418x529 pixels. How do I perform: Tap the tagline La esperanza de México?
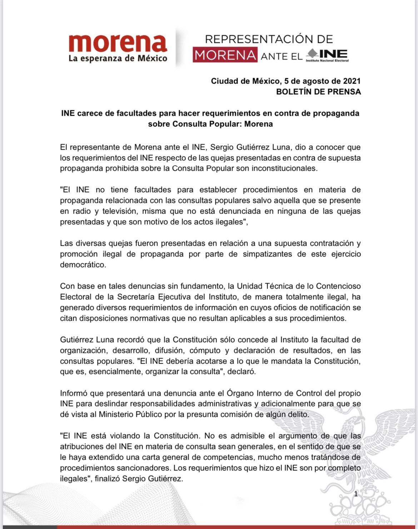(x=118, y=58)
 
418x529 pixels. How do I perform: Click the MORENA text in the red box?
(x=225, y=55)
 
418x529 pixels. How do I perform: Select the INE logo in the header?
(x=328, y=55)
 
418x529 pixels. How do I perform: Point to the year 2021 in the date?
(x=352, y=81)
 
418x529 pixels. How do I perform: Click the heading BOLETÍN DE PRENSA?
(x=318, y=92)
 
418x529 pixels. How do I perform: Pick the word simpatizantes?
(x=270, y=254)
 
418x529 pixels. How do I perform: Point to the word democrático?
(x=83, y=265)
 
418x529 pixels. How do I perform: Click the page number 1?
(x=355, y=494)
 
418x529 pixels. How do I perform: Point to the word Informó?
(x=74, y=393)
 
